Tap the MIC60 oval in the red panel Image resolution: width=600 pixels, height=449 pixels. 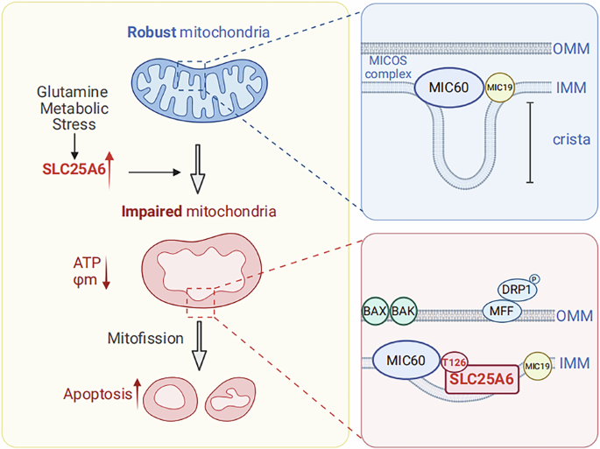pyautogui.click(x=406, y=359)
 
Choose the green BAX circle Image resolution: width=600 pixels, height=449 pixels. pyautogui.click(x=375, y=310)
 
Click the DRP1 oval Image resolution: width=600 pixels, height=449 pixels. pyautogui.click(x=516, y=288)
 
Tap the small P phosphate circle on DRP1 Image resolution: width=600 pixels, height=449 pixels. pyautogui.click(x=535, y=275)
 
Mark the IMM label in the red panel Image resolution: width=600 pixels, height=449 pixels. pyautogui.click(x=574, y=361)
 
